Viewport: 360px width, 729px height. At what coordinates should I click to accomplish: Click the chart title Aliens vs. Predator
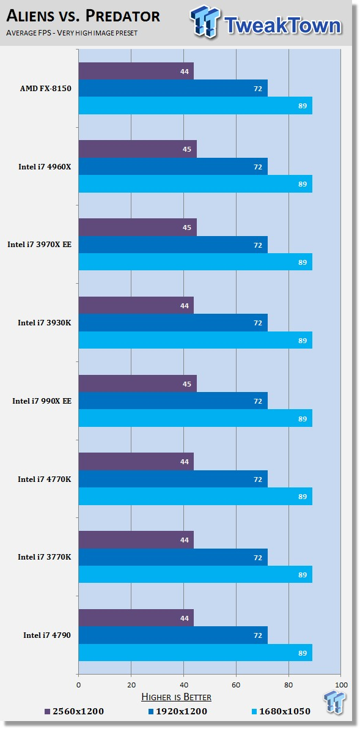pyautogui.click(x=83, y=16)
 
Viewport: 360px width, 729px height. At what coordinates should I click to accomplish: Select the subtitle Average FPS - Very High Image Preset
pyautogui.click(x=72, y=32)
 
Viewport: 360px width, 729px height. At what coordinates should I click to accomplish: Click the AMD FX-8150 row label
pyautogui.click(x=45, y=89)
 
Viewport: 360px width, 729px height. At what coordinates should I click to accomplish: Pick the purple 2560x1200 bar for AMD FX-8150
pyautogui.click(x=136, y=72)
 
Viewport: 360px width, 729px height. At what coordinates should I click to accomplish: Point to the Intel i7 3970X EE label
pyautogui.click(x=39, y=245)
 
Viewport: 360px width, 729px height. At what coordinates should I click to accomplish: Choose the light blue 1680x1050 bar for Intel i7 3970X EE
pyautogui.click(x=195, y=262)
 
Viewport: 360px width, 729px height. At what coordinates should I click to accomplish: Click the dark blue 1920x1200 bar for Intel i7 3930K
pyautogui.click(x=172, y=323)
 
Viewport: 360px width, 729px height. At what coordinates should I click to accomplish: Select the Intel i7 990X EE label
pyautogui.click(x=42, y=401)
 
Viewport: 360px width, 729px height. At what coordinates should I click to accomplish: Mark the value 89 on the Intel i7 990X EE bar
pyautogui.click(x=303, y=418)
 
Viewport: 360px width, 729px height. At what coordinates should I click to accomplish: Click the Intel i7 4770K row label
pyautogui.click(x=44, y=479)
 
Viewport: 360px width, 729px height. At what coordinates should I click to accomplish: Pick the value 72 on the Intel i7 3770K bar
pyautogui.click(x=258, y=558)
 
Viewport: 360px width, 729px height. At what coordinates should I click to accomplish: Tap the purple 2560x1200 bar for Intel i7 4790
pyautogui.click(x=136, y=618)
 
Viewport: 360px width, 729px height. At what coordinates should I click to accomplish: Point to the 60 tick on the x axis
pyautogui.click(x=236, y=684)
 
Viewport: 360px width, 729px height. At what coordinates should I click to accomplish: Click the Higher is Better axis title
pyautogui.click(x=177, y=697)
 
